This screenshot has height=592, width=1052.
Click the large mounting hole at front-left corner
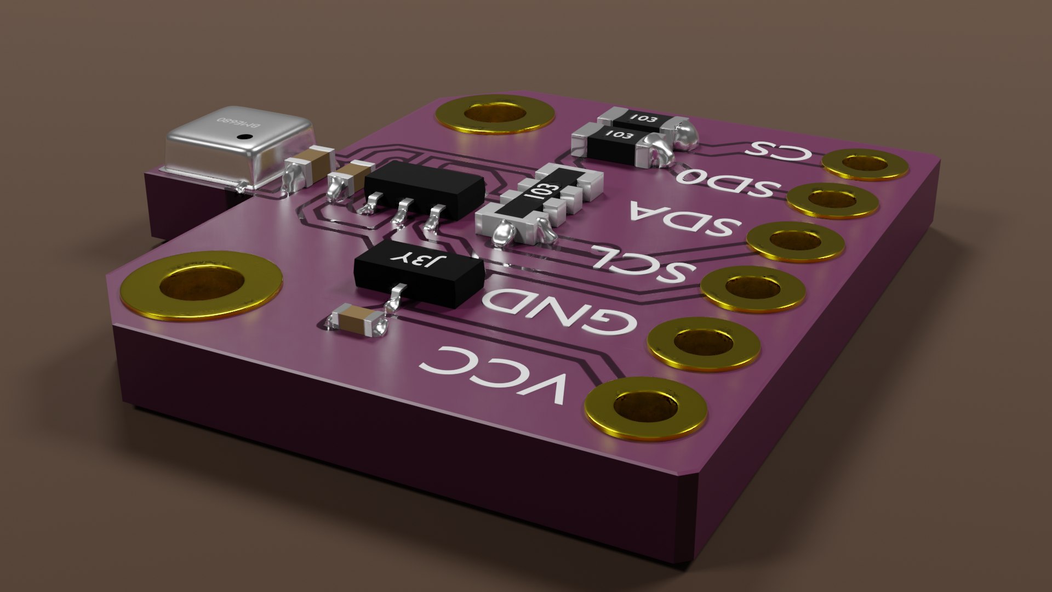[x=201, y=285]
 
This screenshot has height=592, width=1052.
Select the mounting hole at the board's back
[x=494, y=113]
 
